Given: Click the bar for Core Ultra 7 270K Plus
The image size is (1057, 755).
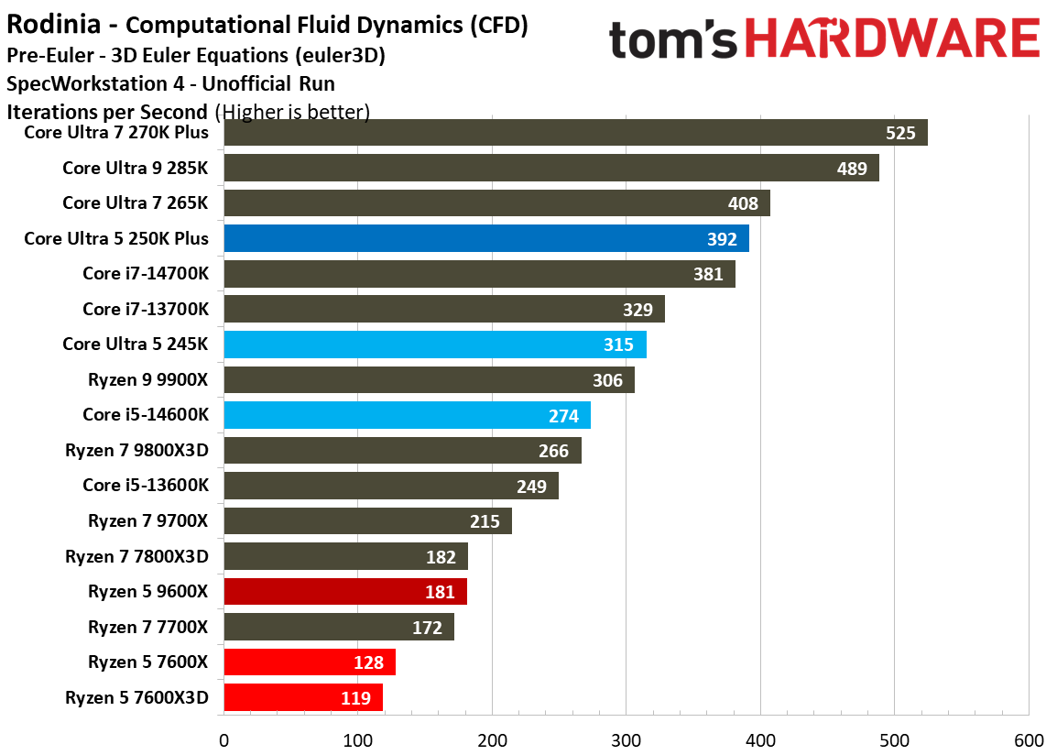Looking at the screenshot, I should click(x=575, y=133).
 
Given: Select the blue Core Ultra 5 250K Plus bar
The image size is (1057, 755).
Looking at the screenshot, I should click(x=486, y=239).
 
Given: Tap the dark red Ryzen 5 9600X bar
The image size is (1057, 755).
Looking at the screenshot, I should click(x=345, y=592).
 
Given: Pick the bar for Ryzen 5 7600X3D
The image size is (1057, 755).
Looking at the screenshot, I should click(x=303, y=698).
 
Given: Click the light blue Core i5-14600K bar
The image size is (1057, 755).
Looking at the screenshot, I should click(x=407, y=416).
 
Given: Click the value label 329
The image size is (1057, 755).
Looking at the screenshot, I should click(x=637, y=310).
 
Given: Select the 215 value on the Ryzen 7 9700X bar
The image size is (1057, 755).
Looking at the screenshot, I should click(x=485, y=522).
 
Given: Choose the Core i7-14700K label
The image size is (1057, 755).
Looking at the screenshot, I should click(x=146, y=274).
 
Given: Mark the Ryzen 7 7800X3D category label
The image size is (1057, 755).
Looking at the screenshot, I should click(x=136, y=556).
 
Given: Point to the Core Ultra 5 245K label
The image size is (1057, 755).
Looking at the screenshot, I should click(x=136, y=345).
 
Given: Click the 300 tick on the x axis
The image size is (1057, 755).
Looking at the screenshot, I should click(x=626, y=740).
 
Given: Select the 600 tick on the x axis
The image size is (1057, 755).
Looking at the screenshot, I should click(x=1028, y=740).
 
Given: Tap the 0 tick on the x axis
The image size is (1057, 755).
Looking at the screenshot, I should click(x=223, y=740).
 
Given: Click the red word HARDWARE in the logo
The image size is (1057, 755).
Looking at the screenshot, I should click(x=891, y=39).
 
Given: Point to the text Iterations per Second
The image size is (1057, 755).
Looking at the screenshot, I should click(x=107, y=112).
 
